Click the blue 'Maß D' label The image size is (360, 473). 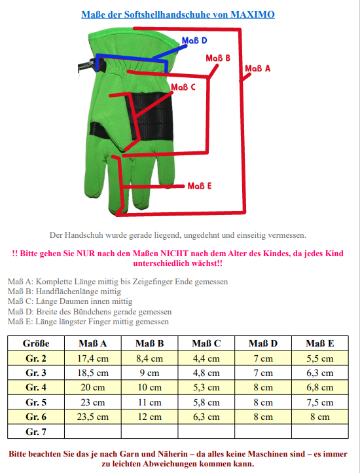tap(194, 41)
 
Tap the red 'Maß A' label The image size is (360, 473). tap(258, 69)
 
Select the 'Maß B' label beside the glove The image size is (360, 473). tap(218, 58)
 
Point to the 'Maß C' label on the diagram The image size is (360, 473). tap(183, 87)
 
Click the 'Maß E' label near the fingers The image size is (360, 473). tap(199, 186)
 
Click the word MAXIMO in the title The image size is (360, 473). tap(253, 14)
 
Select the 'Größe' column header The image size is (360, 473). tap(36, 343)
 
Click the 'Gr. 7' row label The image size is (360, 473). tap(36, 432)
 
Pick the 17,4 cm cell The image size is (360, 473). tap(93, 358)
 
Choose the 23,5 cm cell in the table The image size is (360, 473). tap(93, 417)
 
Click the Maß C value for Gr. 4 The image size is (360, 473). tap(207, 387)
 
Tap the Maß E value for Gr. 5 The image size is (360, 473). tap(320, 402)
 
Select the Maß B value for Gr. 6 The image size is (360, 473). tap(149, 417)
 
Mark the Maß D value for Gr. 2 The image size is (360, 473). tap(263, 358)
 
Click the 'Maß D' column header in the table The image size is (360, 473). tap(263, 343)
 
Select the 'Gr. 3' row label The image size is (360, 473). tap(36, 373)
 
